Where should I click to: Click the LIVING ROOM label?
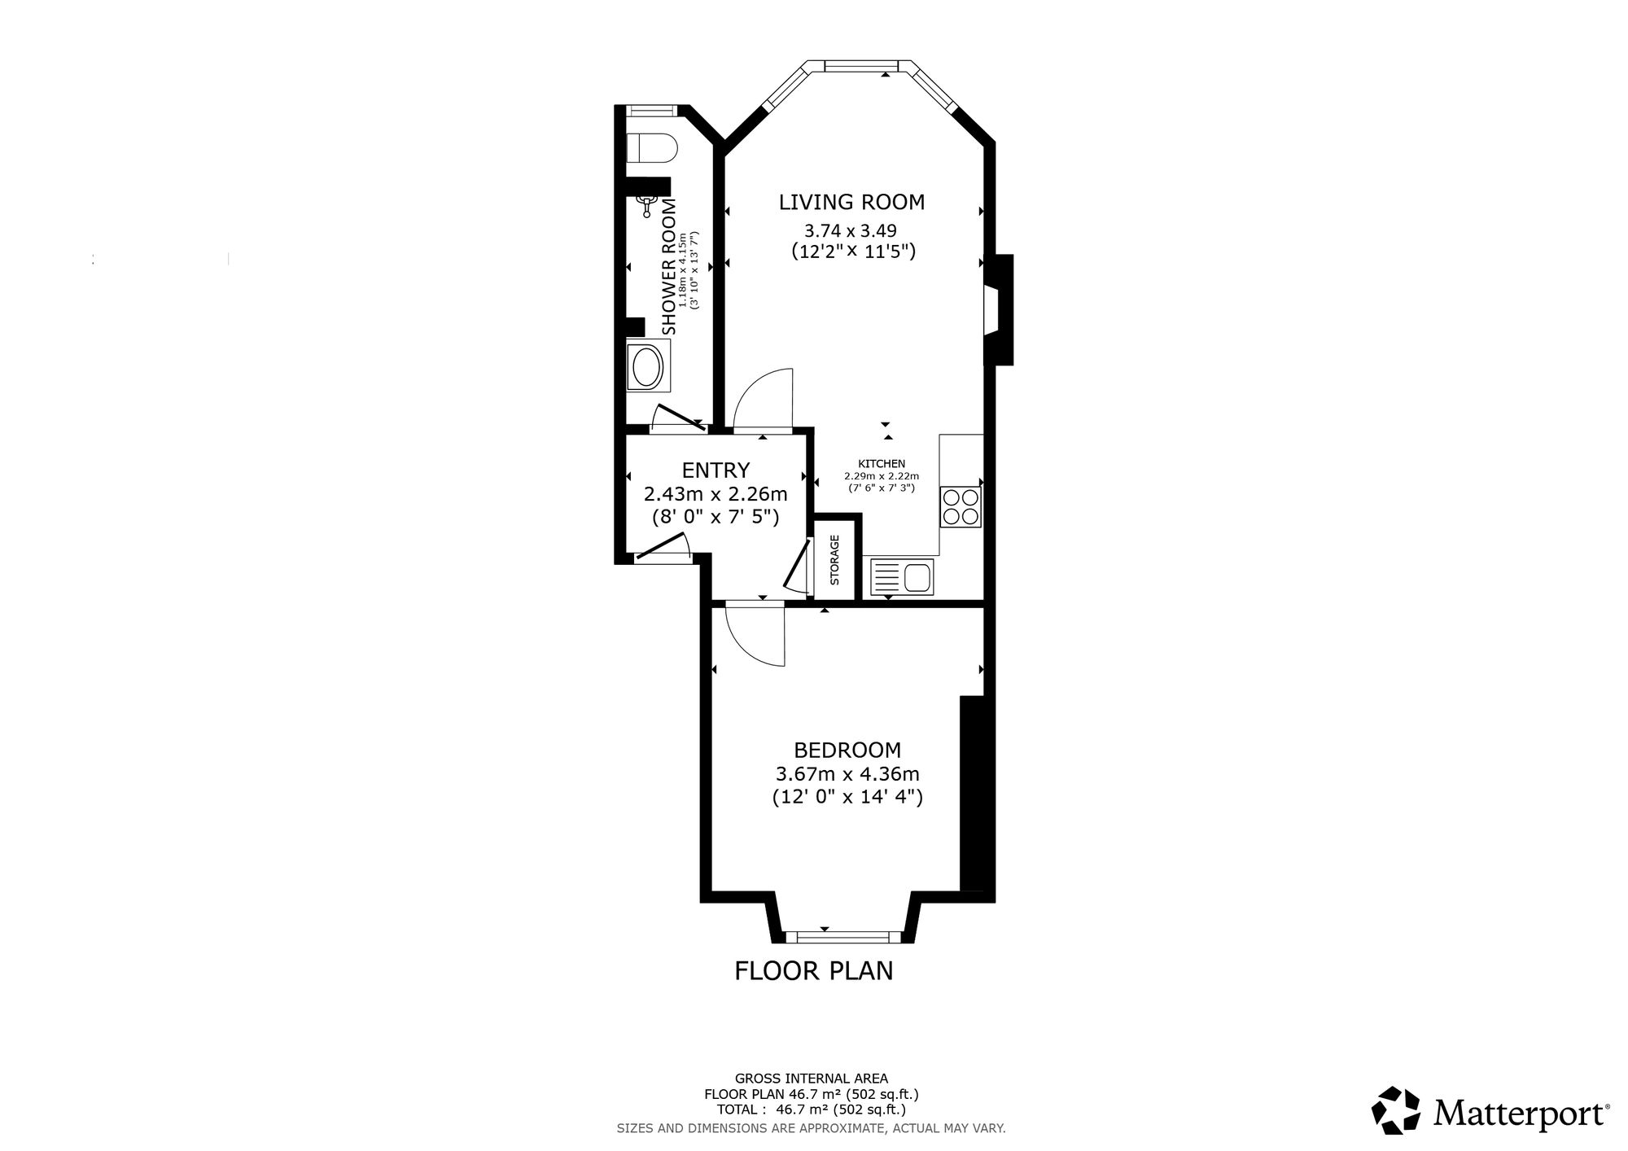point(851,202)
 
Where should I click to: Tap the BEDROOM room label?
point(847,750)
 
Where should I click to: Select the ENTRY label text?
point(716,470)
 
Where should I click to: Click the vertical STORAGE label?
point(834,559)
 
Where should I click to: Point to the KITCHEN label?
point(881,464)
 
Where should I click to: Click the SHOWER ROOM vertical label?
point(669,266)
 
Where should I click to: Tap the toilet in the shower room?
point(652,148)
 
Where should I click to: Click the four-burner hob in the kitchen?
point(961,506)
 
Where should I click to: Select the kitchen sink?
point(904,577)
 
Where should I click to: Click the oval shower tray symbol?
point(649,367)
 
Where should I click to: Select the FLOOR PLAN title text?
point(814,971)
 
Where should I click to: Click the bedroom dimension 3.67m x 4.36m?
point(847,773)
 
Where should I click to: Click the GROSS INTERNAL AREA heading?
point(812,1079)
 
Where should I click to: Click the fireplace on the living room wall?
point(999,309)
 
